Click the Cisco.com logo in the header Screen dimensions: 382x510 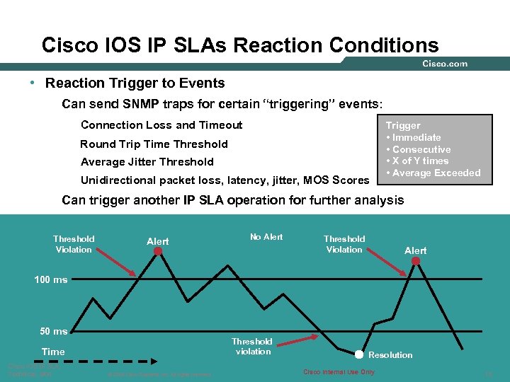click(x=445, y=64)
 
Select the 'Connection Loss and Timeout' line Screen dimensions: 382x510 click(x=161, y=125)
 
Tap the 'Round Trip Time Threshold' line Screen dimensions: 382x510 click(x=154, y=144)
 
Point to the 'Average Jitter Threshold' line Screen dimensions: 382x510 click(x=147, y=161)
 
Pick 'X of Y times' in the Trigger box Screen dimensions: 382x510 click(x=420, y=161)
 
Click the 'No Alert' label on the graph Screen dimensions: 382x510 click(x=266, y=237)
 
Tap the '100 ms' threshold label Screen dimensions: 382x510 click(x=51, y=279)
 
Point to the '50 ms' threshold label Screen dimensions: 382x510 click(x=53, y=331)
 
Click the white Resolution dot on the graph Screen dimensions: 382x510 click(x=359, y=354)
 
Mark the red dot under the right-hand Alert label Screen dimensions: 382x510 click(x=416, y=260)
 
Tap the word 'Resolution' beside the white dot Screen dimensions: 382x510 click(x=390, y=354)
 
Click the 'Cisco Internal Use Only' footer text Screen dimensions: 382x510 click(x=339, y=372)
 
